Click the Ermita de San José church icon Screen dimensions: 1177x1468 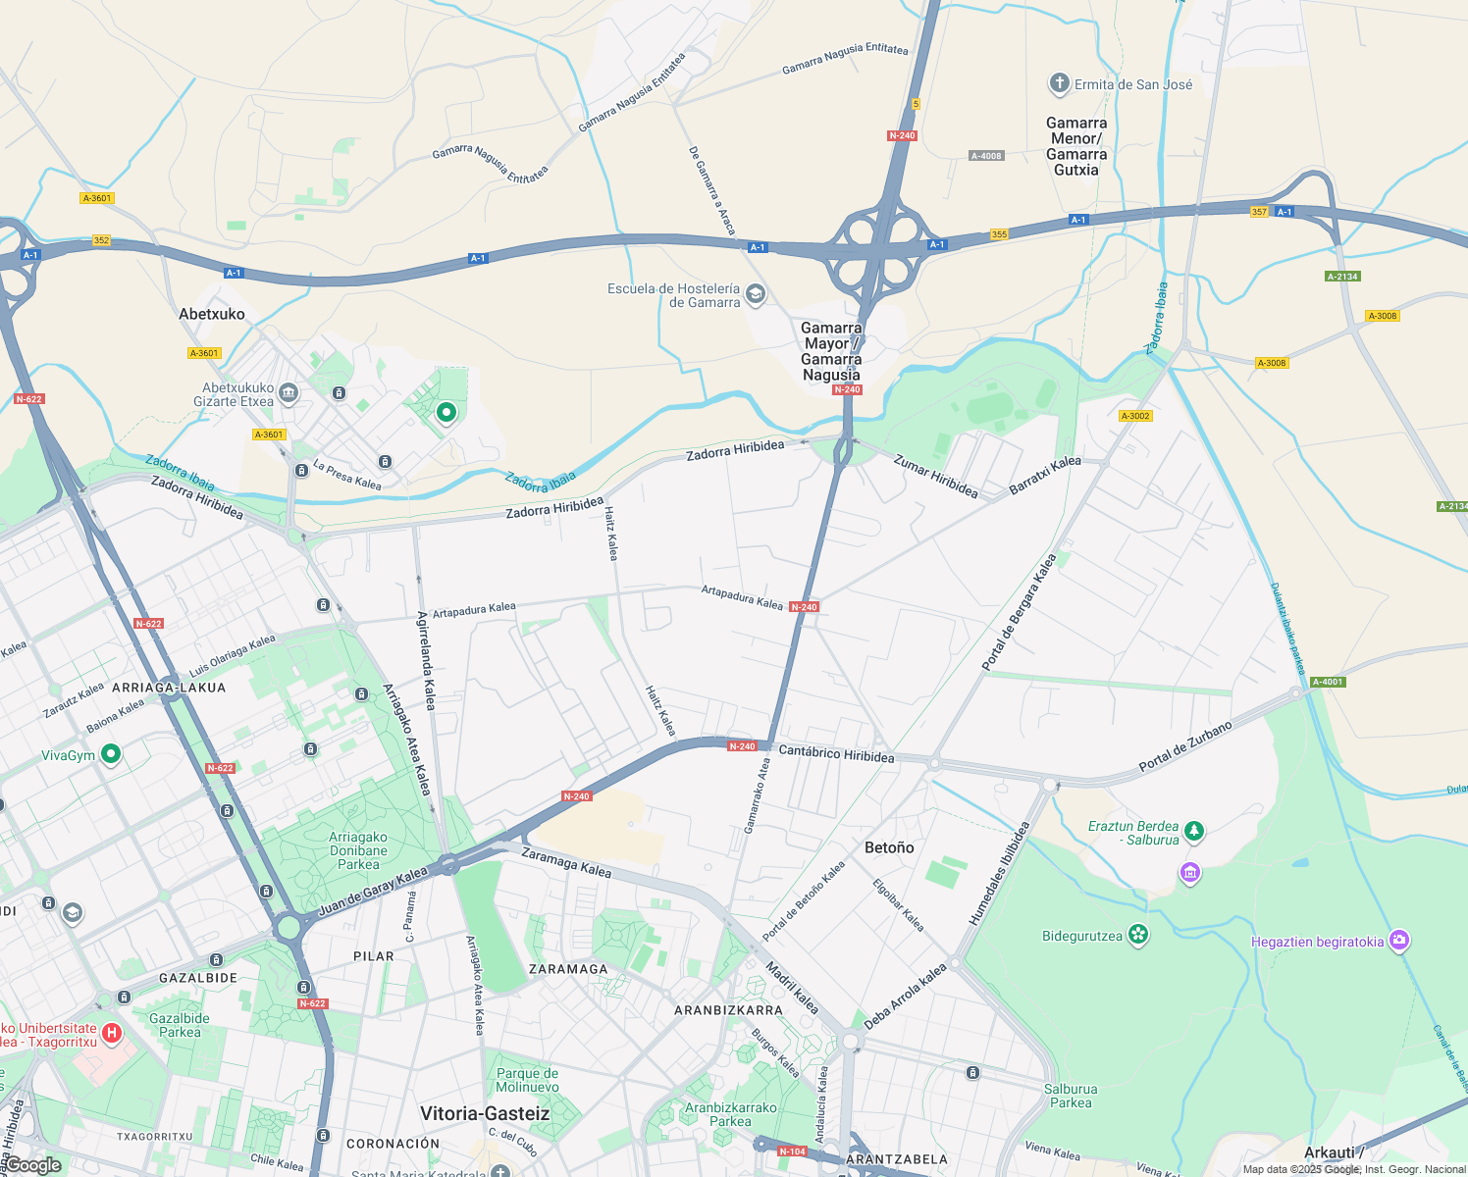1059,83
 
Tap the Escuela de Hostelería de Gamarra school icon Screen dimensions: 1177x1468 755,294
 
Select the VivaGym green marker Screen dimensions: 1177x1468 111,754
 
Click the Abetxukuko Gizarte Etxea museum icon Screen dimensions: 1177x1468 288,393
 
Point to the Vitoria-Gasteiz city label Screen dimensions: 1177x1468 485,1113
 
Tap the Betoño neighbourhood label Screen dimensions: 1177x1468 889,847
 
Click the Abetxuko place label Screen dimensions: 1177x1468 212,314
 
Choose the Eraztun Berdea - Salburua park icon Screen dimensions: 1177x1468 1193,832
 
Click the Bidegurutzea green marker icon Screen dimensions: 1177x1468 1137,935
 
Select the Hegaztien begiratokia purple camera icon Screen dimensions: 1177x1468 1399,941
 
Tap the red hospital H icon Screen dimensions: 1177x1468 112,1033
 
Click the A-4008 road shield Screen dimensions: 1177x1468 986,156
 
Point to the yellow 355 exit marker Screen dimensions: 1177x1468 999,234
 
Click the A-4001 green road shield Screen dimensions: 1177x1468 1327,682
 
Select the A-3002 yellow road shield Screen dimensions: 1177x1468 1135,416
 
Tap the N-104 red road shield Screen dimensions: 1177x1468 792,1151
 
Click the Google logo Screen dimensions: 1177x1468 32,1165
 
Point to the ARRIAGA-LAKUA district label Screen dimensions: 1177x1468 169,688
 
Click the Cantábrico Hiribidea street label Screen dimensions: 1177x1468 836,754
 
